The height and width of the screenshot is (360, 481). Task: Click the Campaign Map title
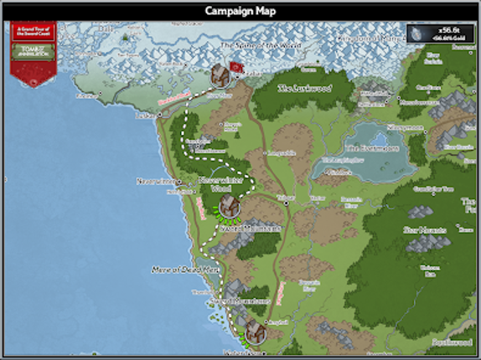click(240, 11)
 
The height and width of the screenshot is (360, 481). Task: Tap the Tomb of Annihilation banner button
click(33, 52)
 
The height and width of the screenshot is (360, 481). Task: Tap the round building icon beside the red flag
click(220, 74)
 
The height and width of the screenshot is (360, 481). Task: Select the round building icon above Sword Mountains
click(230, 207)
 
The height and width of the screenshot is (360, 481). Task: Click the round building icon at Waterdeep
click(255, 332)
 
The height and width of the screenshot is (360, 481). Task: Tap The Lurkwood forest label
click(305, 87)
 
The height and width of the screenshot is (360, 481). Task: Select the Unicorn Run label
click(430, 270)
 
